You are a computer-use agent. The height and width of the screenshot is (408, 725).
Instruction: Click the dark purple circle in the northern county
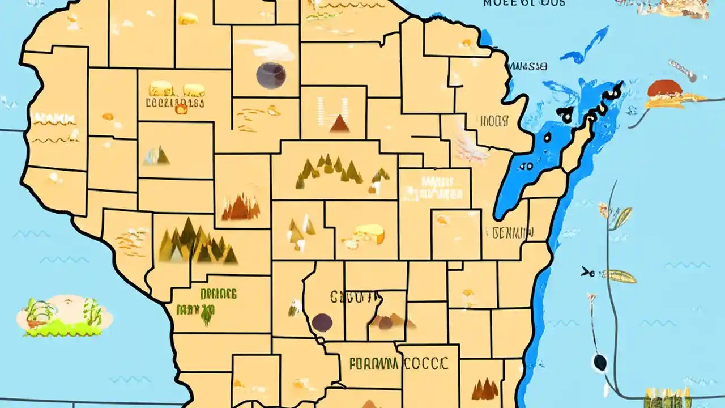pos(271,75)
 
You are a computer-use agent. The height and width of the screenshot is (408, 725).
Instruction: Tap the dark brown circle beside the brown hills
pos(322,322)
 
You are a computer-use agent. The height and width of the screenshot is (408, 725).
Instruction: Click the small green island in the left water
pos(63,315)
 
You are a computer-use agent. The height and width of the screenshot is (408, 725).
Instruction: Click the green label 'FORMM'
pos(374,363)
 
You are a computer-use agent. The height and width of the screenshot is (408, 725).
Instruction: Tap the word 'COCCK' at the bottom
pos(426,363)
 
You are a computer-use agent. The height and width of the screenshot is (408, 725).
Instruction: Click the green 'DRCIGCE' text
pos(218,294)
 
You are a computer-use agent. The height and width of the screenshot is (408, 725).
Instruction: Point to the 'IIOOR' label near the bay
pos(494,121)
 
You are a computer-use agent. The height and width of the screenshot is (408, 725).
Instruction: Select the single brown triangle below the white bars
pos(339,124)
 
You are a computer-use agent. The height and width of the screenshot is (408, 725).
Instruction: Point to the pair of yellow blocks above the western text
pos(176,90)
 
